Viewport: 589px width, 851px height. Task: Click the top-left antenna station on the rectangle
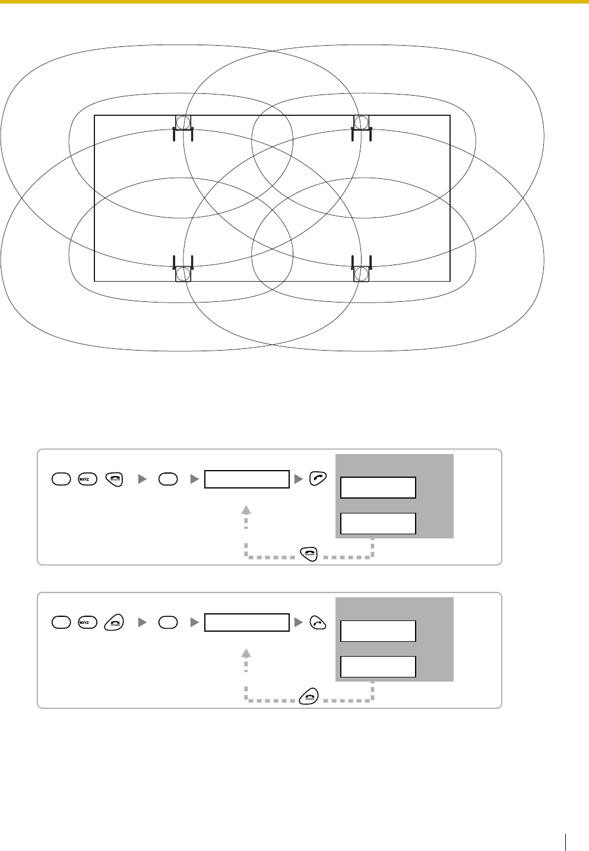pyautogui.click(x=183, y=124)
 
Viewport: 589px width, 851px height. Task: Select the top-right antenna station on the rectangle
pyautogui.click(x=362, y=124)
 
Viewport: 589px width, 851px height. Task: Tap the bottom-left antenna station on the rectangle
pyautogui.click(x=183, y=273)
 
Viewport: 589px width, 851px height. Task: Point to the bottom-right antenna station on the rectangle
pyautogui.click(x=362, y=273)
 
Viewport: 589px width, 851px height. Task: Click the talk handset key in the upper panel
pyautogui.click(x=319, y=479)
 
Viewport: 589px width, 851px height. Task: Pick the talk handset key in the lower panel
pyautogui.click(x=319, y=622)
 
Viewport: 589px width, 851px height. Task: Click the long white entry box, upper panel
pyautogui.click(x=247, y=479)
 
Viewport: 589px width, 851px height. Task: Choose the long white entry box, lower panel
pyautogui.click(x=247, y=622)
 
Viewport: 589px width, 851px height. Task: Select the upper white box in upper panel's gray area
pyautogui.click(x=378, y=487)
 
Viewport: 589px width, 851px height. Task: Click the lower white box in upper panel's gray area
pyautogui.click(x=378, y=523)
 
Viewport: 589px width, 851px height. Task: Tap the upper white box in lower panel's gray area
pyautogui.click(x=378, y=631)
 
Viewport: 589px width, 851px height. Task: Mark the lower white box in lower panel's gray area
pyautogui.click(x=378, y=666)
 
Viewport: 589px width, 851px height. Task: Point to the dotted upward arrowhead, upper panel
pyautogui.click(x=247, y=509)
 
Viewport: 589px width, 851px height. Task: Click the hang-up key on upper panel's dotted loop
pyautogui.click(x=309, y=553)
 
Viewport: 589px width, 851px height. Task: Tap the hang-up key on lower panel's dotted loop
pyautogui.click(x=309, y=696)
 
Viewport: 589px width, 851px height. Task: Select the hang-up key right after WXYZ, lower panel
pyautogui.click(x=113, y=622)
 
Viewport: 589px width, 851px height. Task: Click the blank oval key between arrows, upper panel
pyautogui.click(x=169, y=479)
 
